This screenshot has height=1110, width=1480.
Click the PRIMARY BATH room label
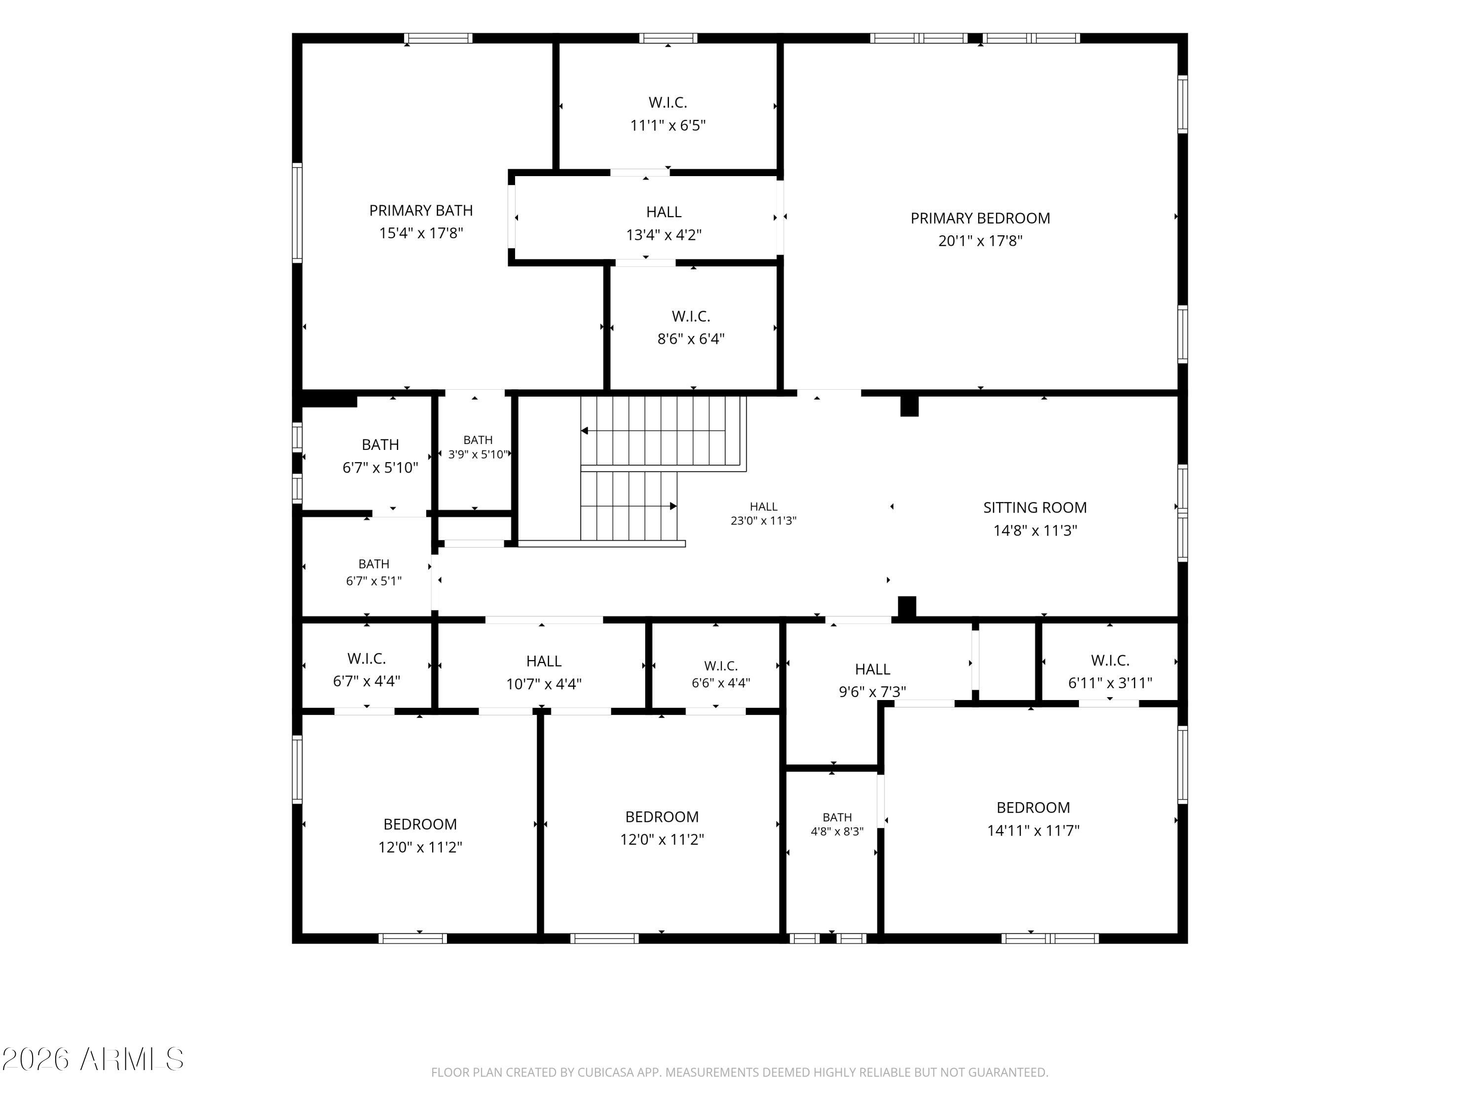421,211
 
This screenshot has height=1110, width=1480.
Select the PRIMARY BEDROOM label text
980,218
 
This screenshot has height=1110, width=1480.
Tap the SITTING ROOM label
1035,508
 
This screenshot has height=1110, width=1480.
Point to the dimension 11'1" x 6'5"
668,126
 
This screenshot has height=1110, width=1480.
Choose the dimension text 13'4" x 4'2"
664,235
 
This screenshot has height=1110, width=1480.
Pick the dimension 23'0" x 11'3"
763,520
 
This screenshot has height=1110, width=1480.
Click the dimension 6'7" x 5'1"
374,581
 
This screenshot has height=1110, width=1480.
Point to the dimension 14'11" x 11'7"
1033,831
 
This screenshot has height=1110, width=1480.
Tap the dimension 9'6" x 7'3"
873,692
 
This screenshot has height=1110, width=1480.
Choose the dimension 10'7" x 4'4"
544,684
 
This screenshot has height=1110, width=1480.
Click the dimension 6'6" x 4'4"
721,682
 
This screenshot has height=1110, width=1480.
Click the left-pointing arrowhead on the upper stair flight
584,431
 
